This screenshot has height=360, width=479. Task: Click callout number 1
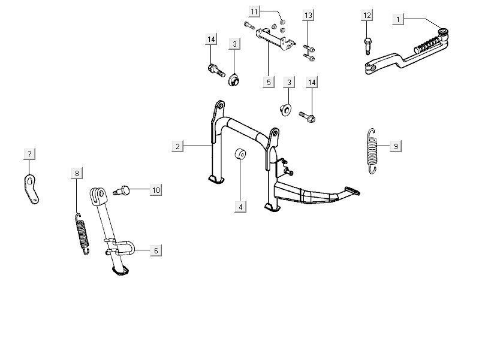pos(397,20)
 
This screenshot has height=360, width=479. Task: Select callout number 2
pos(177,146)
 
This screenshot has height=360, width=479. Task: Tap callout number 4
pos(240,207)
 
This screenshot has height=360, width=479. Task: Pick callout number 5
pos(268,81)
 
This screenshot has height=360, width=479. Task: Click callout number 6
pos(155,250)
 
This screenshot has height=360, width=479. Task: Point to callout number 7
pos(28,155)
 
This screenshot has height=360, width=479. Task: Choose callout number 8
pos(76,174)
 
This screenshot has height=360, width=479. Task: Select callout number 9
pos(395,146)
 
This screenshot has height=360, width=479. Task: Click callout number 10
pos(155,190)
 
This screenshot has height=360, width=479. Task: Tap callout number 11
pos(254,12)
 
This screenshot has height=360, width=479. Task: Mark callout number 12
pos(367,14)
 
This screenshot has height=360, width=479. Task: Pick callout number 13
pos(308,14)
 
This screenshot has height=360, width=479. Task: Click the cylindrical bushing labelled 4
pos(240,155)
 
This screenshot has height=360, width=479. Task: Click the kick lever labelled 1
pos(408,54)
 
